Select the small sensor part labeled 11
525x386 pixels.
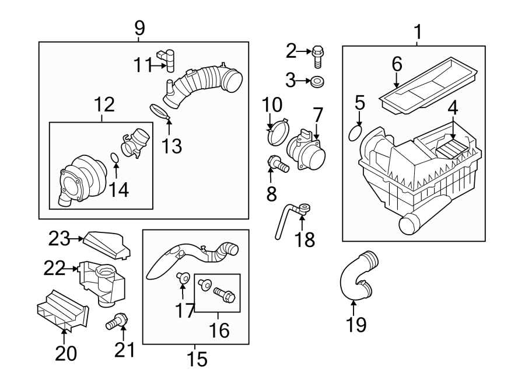coord(169,59)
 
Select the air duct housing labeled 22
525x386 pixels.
coord(102,282)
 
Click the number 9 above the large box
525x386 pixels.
coord(139,27)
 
